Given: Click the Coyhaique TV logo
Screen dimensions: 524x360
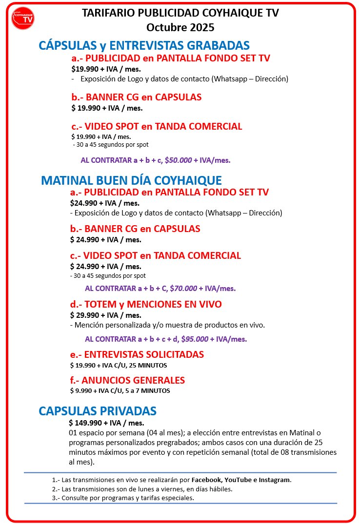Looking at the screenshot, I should (23, 18).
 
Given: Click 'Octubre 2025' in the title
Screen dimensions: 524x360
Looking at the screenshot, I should (180, 27).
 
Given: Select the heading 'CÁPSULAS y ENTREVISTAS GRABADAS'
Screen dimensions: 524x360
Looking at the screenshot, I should (144, 46).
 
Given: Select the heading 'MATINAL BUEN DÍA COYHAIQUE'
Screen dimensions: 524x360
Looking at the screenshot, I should (132, 180).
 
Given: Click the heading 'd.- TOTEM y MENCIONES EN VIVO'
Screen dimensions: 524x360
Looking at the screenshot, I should (146, 304).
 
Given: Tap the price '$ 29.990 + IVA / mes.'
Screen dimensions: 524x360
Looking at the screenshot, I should (105, 315).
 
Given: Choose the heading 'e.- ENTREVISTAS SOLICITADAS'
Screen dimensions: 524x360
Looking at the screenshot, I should (137, 354).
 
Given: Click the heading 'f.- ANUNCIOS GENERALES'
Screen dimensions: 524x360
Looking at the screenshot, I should (127, 380).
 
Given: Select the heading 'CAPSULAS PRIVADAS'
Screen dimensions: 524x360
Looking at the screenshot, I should (98, 410).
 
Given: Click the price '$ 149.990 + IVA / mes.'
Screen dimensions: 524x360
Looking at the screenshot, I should (106, 423).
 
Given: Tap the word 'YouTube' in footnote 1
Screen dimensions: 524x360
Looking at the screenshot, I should (238, 480).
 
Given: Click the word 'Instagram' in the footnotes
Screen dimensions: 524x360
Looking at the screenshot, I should (274, 480).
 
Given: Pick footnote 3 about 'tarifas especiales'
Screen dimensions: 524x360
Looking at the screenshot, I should (123, 498).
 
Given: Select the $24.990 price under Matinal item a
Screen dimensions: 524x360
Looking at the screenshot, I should (104, 203).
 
